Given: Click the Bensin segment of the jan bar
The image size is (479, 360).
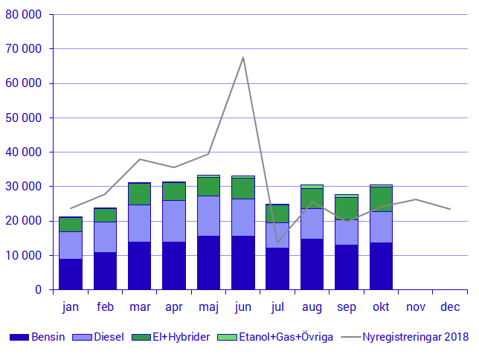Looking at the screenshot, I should click(x=71, y=274).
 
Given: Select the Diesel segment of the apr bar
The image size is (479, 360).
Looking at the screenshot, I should click(x=174, y=221).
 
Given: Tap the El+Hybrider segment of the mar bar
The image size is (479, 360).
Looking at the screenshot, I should click(x=139, y=193).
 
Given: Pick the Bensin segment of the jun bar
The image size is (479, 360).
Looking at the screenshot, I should click(x=243, y=263).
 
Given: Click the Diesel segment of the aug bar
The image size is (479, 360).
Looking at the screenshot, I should click(x=312, y=223).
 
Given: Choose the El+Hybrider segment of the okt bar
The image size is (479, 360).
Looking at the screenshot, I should click(x=381, y=199).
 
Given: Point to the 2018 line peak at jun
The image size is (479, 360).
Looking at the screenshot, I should click(x=243, y=57).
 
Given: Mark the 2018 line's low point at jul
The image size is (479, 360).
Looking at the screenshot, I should click(x=277, y=242).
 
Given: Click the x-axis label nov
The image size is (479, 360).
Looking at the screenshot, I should click(x=415, y=306).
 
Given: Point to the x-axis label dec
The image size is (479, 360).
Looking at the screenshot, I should click(x=450, y=306).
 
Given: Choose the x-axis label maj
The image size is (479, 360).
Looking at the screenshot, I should click(x=208, y=306).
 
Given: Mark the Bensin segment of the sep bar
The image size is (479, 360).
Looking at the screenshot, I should click(x=347, y=267).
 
